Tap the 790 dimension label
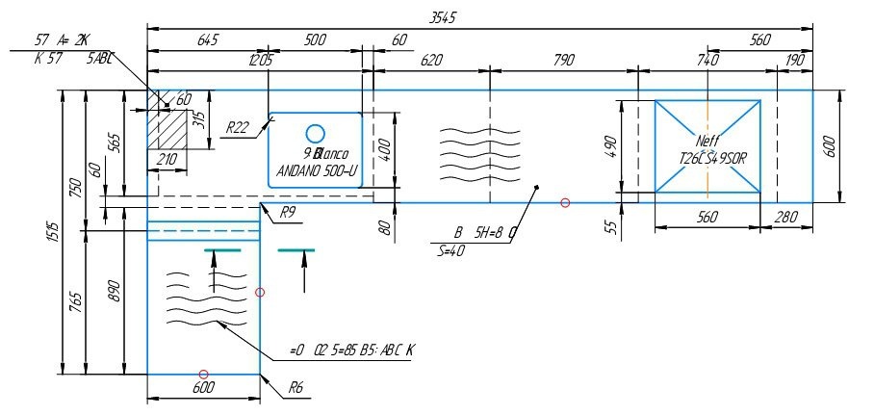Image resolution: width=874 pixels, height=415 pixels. pyautogui.click(x=564, y=60)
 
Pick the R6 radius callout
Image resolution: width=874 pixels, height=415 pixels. pyautogui.click(x=297, y=388)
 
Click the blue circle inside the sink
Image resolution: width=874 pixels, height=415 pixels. pyautogui.click(x=316, y=133)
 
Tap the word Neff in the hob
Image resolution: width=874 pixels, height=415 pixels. pyautogui.click(x=707, y=142)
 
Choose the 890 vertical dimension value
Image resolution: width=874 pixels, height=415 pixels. pyautogui.click(x=115, y=290)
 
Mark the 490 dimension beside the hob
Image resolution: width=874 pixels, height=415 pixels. pyautogui.click(x=610, y=148)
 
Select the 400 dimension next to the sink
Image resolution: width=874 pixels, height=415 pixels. pyautogui.click(x=384, y=149)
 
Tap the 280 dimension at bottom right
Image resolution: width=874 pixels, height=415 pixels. pyautogui.click(x=785, y=218)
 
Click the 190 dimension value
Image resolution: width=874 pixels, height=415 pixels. pyautogui.click(x=795, y=60)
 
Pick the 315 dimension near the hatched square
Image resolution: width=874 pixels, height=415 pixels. pyautogui.click(x=199, y=119)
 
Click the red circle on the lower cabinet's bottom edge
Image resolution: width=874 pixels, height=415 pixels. pyautogui.click(x=203, y=374)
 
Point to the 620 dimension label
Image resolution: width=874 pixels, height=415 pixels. pyautogui.click(x=431, y=60)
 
